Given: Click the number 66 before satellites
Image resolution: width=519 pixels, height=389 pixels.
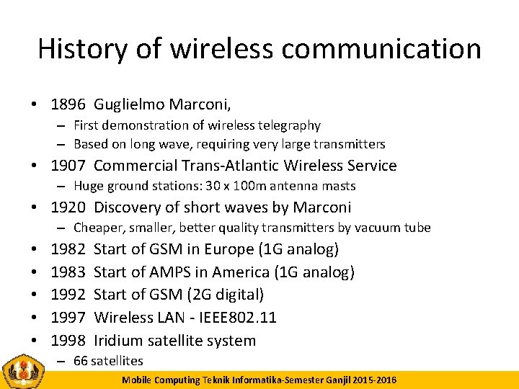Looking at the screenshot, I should pos(81,361).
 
